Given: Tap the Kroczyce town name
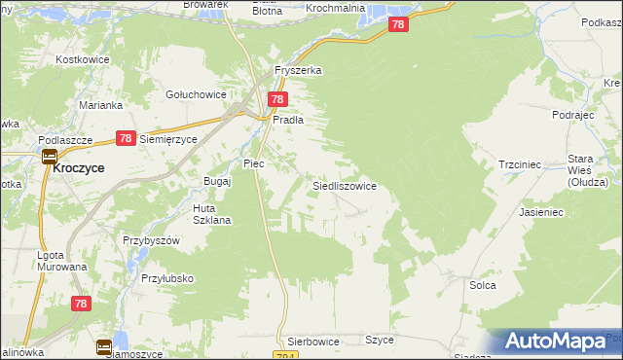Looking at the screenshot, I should coord(80,167).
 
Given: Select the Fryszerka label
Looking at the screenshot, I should coord(298,71).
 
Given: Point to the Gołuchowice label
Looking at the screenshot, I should coord(197,94).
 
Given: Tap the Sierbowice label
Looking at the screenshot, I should coord(312,342).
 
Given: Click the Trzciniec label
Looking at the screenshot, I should coord(519,165).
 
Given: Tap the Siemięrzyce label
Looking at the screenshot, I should coord(168,139).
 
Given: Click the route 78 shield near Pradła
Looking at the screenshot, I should coord(277,99).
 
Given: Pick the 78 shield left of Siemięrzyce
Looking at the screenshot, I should coord(125,139).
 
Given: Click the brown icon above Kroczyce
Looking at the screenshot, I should coord(48,155).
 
